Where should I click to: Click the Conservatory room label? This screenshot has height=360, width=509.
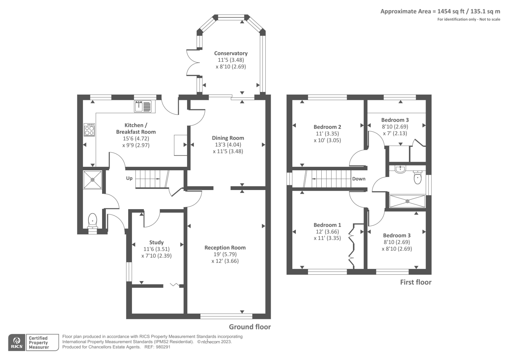(x=231, y=53)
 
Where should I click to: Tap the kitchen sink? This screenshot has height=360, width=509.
(x=143, y=107)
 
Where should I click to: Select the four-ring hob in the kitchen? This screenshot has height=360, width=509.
(x=89, y=130)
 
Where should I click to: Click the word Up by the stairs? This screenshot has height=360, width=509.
(x=129, y=178)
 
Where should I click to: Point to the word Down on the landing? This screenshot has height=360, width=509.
(x=359, y=179)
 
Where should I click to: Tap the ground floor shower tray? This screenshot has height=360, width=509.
(x=93, y=180)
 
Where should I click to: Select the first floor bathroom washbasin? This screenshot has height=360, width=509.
(x=400, y=170)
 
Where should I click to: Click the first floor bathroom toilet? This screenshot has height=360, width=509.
(x=418, y=177)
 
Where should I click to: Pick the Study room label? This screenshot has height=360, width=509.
(x=156, y=243)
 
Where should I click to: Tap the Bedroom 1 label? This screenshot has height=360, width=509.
(x=327, y=225)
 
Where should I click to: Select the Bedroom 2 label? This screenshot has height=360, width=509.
(x=327, y=127)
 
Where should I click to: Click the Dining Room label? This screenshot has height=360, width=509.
(x=228, y=138)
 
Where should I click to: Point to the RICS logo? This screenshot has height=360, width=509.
(x=17, y=342)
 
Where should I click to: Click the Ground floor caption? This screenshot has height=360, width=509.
(x=250, y=327)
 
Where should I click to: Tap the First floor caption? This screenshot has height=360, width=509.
(x=415, y=282)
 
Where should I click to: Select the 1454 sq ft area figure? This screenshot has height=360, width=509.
(x=451, y=11)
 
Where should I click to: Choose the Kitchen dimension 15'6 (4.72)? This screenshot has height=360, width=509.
(x=136, y=138)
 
